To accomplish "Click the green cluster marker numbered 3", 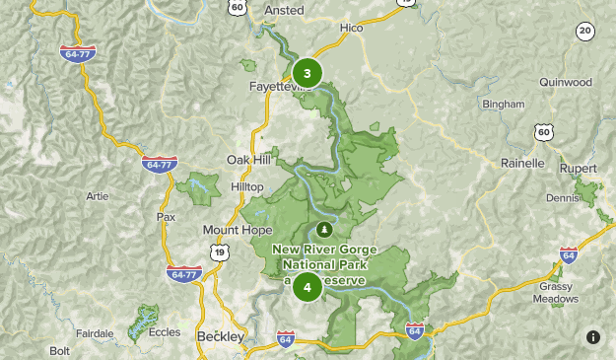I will click(x=308, y=73).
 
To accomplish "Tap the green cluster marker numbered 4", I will click(x=308, y=287).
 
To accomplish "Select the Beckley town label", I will click(x=221, y=337).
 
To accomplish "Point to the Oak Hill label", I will click(x=248, y=160).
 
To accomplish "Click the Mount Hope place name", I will click(x=237, y=230).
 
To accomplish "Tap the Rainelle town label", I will click(x=522, y=163).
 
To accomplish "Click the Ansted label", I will click(x=284, y=11).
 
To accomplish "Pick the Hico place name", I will click(x=351, y=29).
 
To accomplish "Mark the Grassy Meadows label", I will click(x=556, y=293).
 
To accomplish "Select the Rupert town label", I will click(x=579, y=168).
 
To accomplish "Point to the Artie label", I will click(x=97, y=196).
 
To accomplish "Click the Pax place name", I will click(x=166, y=217).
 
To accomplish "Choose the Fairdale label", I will click(x=96, y=333).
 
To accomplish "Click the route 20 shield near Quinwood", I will click(x=585, y=32).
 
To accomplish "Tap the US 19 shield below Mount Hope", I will click(x=220, y=252).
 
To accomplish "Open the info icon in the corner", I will click(x=593, y=337).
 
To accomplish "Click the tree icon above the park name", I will click(x=319, y=229).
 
